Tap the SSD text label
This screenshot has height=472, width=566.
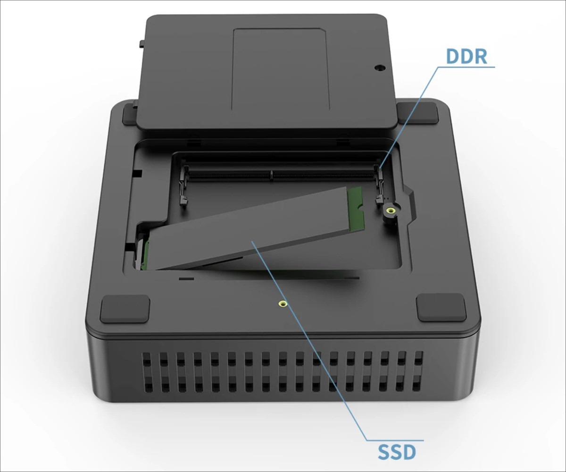[x=397, y=452]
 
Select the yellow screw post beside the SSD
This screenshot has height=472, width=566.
[x=390, y=211]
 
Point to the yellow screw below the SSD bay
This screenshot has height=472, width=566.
[x=283, y=303]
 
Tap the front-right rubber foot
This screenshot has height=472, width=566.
[x=441, y=307]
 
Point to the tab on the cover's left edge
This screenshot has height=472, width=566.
[x=141, y=44]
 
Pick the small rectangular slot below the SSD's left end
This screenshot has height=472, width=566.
[x=186, y=278]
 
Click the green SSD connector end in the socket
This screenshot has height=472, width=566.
[x=146, y=255]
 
